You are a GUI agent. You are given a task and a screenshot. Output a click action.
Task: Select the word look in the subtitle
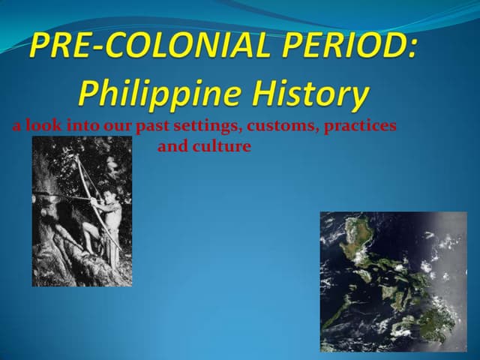pos(43,126)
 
